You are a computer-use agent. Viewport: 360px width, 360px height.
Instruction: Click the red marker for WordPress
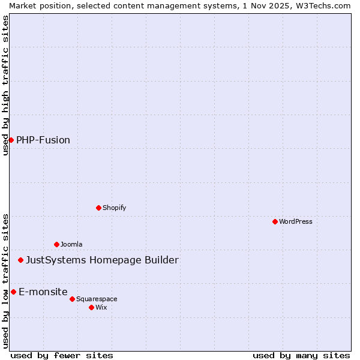[275, 221]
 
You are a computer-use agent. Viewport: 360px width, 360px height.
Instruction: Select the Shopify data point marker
[98, 208]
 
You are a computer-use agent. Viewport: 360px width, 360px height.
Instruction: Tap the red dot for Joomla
[56, 244]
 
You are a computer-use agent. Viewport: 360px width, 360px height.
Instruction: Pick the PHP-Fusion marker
[11, 140]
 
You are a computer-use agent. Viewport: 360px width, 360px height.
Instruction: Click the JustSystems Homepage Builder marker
[20, 260]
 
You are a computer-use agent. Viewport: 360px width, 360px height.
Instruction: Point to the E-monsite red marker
[13, 292]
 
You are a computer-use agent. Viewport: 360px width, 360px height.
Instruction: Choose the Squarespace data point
[72, 299]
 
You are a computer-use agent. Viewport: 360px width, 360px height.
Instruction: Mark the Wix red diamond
[91, 307]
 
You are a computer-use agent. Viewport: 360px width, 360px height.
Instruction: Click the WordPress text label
[296, 221]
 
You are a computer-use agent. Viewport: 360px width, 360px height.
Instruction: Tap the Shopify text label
[114, 208]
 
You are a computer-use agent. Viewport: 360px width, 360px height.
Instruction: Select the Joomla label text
[71, 244]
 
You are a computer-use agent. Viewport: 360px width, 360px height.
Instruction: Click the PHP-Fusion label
[43, 140]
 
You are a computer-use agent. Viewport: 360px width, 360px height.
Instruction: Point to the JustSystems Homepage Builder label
[102, 260]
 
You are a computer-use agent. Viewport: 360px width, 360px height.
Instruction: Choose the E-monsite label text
[43, 292]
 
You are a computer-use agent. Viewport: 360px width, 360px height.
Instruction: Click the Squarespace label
[97, 299]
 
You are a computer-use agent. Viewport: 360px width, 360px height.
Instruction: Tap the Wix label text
[101, 307]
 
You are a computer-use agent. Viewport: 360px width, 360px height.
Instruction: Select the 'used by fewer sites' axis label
[62, 355]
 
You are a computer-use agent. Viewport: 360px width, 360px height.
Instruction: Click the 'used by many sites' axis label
[301, 355]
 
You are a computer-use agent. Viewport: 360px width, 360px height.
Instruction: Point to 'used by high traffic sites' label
[5, 85]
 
